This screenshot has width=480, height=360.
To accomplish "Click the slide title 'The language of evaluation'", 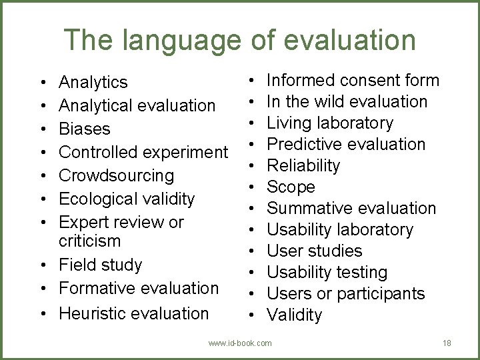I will (240, 40).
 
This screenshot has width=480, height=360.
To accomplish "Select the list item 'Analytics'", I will (93, 82).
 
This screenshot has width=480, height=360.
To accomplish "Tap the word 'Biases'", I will (85, 129).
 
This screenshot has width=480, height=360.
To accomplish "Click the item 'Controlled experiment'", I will (143, 152).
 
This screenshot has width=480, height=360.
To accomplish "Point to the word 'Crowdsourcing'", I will (117, 175).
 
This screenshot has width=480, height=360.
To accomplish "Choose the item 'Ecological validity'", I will (127, 199).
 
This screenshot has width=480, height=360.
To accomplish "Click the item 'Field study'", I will (101, 265).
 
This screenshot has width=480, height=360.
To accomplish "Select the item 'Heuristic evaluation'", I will (133, 313).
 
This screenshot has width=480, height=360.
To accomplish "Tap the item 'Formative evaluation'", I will (139, 288).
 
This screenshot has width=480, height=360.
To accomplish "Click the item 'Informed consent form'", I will (353, 81).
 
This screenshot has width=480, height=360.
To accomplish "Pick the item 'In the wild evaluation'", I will (347, 102).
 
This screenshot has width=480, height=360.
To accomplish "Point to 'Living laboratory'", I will (330, 123).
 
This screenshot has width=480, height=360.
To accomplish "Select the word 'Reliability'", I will (303, 165).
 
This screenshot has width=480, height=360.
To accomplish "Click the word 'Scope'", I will (291, 187).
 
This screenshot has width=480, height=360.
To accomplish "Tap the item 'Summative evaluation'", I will (351, 208).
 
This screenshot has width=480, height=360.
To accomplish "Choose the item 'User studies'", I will (314, 251).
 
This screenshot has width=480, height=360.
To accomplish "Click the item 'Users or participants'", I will (345, 293).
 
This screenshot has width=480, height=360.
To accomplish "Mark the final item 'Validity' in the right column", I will (294, 315).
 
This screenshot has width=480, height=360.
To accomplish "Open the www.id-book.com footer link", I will (240, 343).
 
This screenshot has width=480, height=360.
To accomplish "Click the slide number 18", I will (447, 343).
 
